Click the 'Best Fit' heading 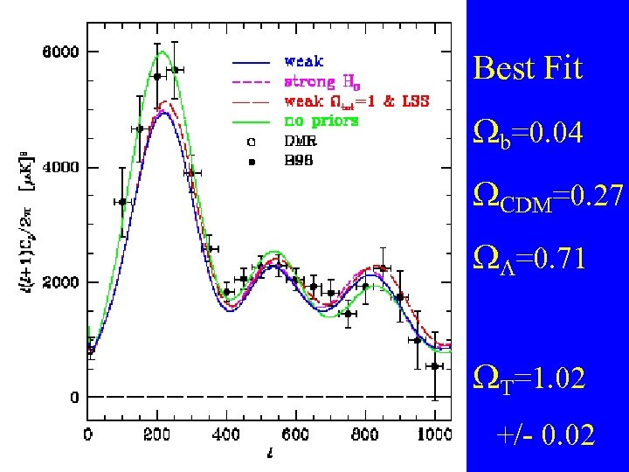528,68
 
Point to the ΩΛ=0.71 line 529,260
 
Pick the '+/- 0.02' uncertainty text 545,434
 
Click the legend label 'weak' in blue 303,61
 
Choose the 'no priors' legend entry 321,120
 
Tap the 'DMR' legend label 301,139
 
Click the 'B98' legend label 301,160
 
